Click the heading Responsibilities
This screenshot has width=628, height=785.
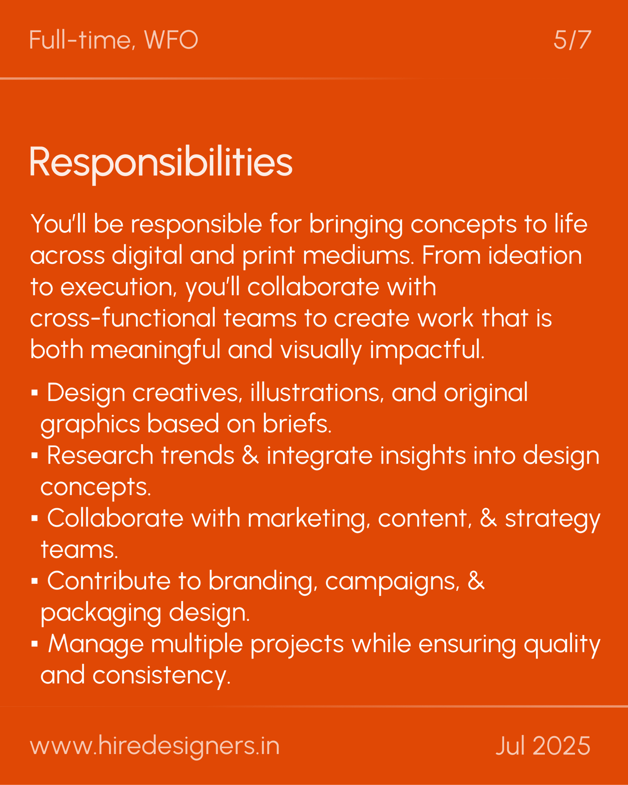pyautogui.click(x=161, y=163)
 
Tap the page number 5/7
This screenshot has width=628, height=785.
pyautogui.click(x=572, y=40)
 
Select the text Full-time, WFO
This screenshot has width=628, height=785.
pyautogui.click(x=113, y=40)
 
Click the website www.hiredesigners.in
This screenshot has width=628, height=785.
pyautogui.click(x=155, y=746)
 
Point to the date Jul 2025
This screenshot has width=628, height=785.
pyautogui.click(x=543, y=746)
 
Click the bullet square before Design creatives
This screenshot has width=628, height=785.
pyautogui.click(x=35, y=392)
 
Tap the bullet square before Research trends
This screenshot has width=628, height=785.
pyautogui.click(x=35, y=455)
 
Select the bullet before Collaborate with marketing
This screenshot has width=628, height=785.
pyautogui.click(x=35, y=518)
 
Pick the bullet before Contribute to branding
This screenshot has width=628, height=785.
pyautogui.click(x=35, y=581)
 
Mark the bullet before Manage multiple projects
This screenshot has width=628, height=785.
pyautogui.click(x=35, y=644)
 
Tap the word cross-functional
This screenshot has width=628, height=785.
pyautogui.click(x=123, y=318)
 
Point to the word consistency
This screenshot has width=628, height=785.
pyautogui.click(x=161, y=677)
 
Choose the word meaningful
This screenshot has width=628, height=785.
pyautogui.click(x=156, y=351)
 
